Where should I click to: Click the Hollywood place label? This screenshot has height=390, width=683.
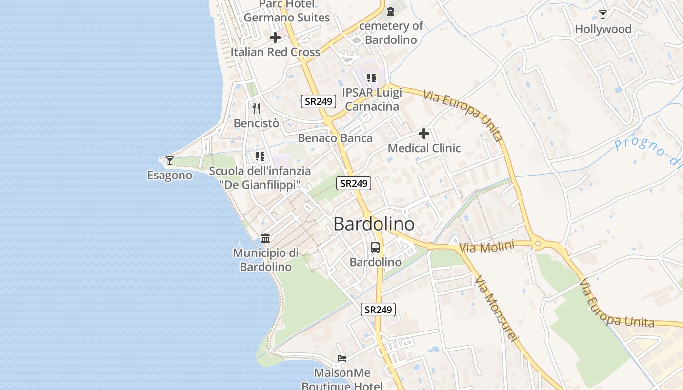(603, 29)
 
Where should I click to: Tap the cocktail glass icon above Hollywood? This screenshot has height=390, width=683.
(603, 15)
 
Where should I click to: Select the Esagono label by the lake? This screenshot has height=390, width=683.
(170, 175)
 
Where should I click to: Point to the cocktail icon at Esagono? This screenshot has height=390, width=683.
(170, 160)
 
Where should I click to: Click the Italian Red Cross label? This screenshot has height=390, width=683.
(275, 52)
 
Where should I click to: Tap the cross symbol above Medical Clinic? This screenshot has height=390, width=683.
(424, 133)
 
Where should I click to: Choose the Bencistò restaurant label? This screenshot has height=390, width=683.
(256, 123)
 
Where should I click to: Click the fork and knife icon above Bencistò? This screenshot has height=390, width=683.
(256, 108)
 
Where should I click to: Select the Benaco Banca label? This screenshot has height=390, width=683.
(335, 138)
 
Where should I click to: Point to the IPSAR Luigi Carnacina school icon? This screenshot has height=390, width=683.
(372, 78)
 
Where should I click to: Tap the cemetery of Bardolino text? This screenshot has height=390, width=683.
(391, 33)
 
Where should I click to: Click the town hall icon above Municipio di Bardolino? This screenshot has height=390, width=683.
(265, 238)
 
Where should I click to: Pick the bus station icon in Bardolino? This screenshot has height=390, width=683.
(375, 248)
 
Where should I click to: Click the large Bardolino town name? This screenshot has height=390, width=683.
(374, 224)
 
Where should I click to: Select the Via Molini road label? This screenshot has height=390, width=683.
(487, 247)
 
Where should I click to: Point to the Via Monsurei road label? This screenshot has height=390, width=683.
(495, 309)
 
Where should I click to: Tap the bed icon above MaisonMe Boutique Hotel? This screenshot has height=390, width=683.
(342, 358)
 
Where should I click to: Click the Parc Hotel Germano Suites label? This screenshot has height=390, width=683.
(287, 11)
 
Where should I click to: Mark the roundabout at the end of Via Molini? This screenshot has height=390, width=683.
(538, 243)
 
